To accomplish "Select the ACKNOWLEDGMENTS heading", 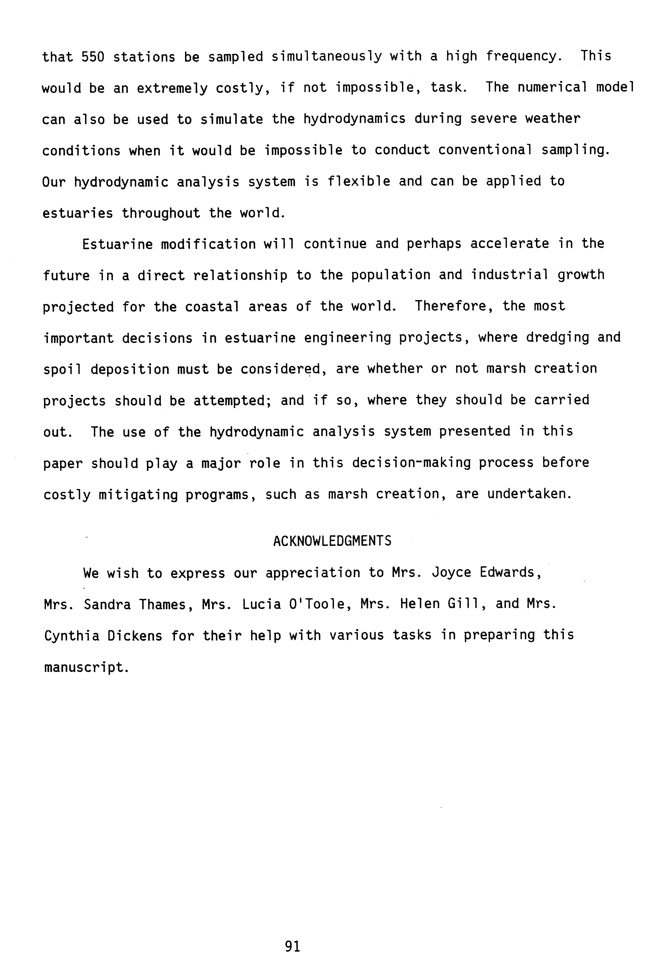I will point(332,541).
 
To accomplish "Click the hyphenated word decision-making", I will point(411,463).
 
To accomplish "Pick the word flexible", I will point(358,181).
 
